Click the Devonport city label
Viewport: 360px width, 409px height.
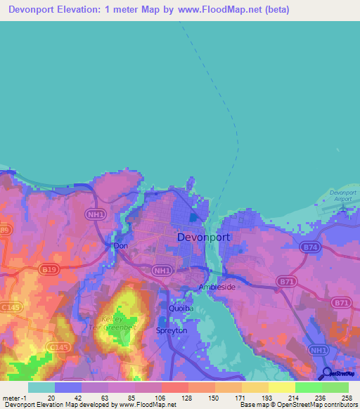[203, 237]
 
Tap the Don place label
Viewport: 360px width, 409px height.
[120, 247]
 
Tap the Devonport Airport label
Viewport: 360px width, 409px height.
[344, 195]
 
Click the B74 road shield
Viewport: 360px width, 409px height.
[309, 247]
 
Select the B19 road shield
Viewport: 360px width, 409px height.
[48, 268]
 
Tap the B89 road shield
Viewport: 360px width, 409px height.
[5, 229]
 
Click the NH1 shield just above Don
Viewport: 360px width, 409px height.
[96, 216]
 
